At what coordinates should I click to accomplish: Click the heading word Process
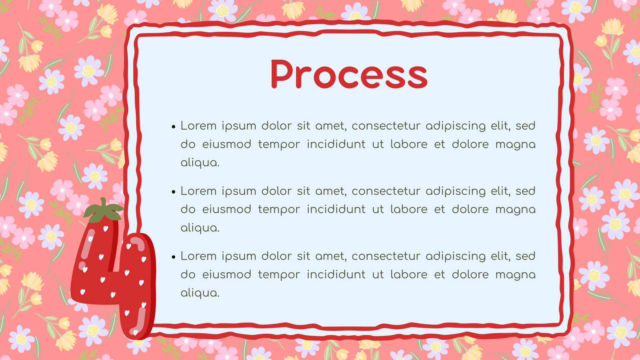pos(349,74)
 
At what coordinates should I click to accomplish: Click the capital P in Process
pos(283,74)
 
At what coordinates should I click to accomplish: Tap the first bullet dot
pos(174,126)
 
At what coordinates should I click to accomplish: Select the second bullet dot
pos(174,192)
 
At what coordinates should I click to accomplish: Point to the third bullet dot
pos(174,257)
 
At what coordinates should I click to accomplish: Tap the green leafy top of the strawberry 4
pos(104,210)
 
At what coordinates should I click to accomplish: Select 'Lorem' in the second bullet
pos(198,191)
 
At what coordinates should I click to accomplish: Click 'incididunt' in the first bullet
pos(336,144)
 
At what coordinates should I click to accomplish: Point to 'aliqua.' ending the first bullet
pos(200,163)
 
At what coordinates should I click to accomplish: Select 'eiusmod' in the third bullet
pos(226,274)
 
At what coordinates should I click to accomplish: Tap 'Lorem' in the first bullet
pos(198,126)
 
